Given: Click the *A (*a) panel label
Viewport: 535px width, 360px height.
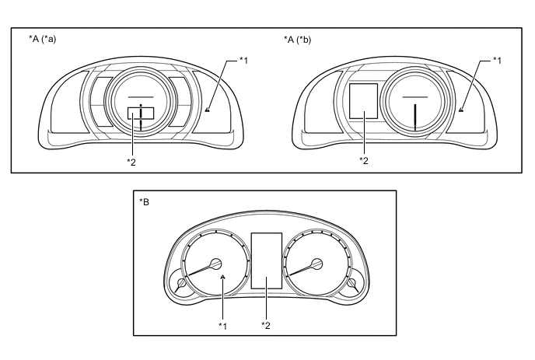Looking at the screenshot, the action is click(x=42, y=39).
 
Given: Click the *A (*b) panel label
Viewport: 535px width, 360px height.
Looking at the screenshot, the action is click(x=297, y=40).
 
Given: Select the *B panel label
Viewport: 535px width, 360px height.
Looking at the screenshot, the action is click(x=144, y=202).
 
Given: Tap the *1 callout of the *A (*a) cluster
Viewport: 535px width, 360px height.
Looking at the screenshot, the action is click(x=243, y=61).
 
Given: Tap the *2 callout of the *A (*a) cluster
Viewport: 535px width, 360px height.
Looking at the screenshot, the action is click(x=131, y=162).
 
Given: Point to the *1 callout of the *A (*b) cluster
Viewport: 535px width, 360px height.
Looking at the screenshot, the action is click(x=497, y=61).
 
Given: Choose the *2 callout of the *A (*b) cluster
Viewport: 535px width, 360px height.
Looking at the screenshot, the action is click(x=364, y=161).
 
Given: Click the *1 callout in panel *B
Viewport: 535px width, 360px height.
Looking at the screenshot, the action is click(x=223, y=327).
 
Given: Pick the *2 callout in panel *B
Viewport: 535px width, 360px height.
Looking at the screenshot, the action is click(x=266, y=326).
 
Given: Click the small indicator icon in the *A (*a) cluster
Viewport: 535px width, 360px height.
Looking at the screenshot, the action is click(x=208, y=110).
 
